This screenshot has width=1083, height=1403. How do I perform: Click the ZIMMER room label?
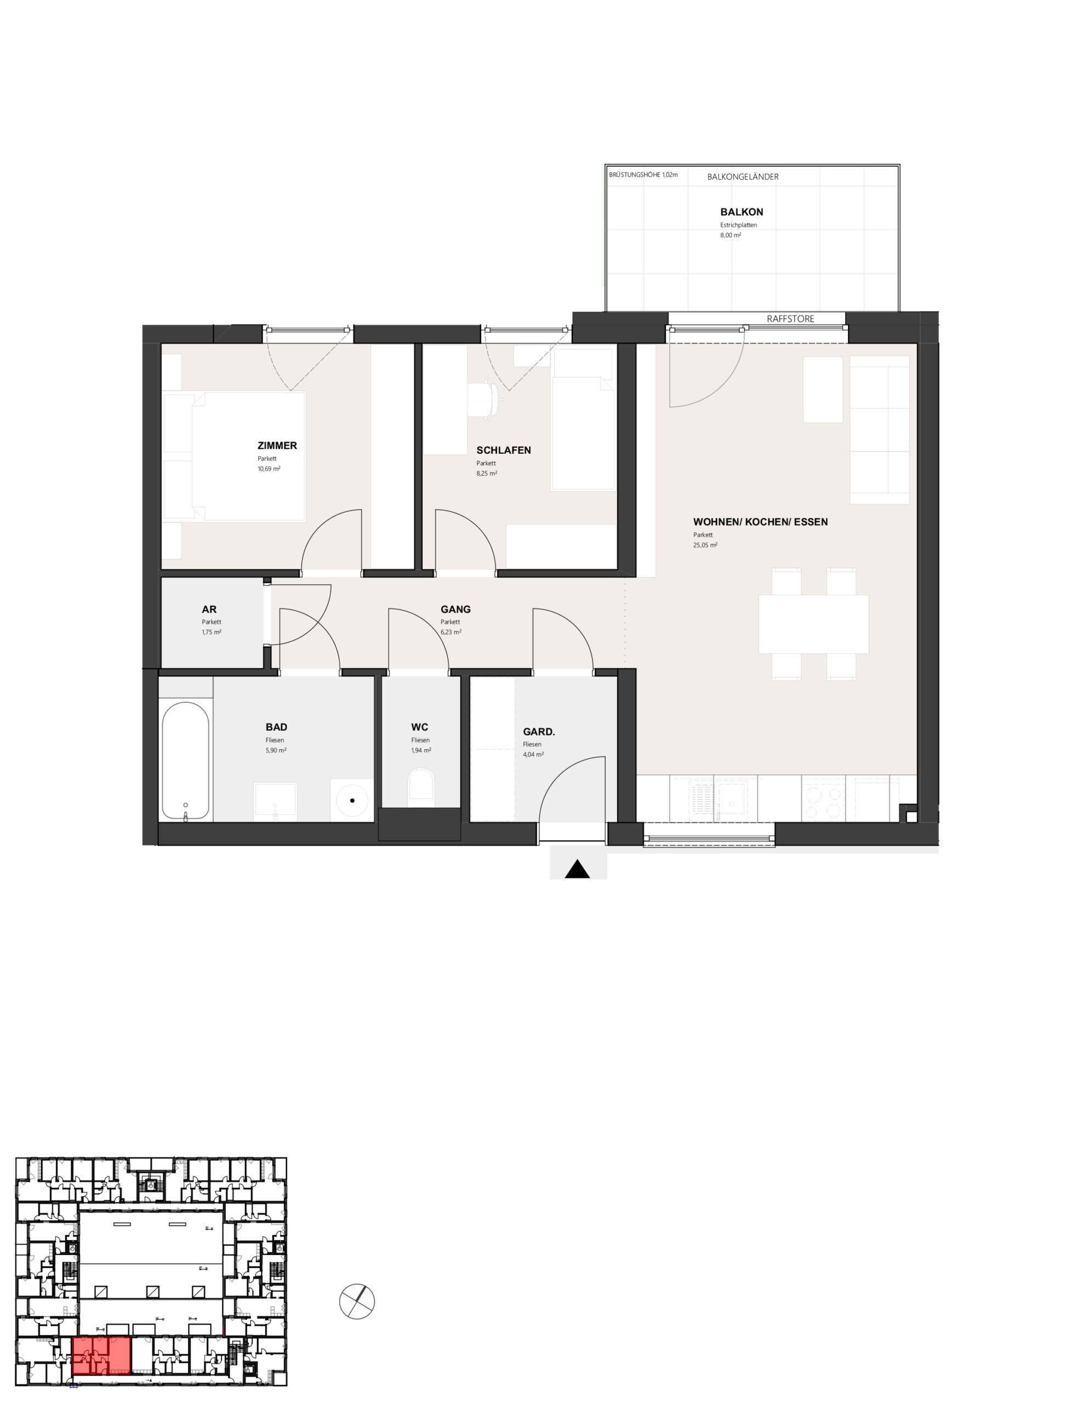click(x=277, y=445)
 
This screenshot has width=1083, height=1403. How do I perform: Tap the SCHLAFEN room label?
click(x=504, y=450)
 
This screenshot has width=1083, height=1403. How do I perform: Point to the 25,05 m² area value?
click(x=705, y=545)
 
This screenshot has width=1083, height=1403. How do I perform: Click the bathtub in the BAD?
click(x=186, y=761)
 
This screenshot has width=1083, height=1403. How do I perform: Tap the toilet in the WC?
click(x=421, y=788)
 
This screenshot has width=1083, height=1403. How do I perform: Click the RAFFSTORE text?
click(x=790, y=318)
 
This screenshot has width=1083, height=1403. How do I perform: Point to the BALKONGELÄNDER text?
click(x=743, y=176)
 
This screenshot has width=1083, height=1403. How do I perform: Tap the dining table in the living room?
click(x=813, y=624)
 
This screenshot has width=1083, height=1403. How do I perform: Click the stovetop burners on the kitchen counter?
click(x=823, y=799)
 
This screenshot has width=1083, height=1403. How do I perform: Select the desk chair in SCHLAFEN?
click(x=486, y=400)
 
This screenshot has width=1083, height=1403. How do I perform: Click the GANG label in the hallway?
click(x=455, y=609)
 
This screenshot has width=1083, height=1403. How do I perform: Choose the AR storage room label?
click(x=209, y=609)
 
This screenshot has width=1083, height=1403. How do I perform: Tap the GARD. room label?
click(x=538, y=731)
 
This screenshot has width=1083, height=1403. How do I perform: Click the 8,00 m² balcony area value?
click(x=731, y=235)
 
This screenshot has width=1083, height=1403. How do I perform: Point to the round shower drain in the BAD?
click(x=352, y=801)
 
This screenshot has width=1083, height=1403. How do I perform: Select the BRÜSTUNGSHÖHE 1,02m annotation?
click(x=643, y=175)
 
